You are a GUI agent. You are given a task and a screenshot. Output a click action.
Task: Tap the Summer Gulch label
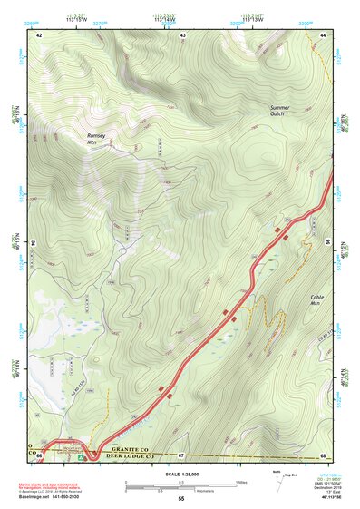(280, 112)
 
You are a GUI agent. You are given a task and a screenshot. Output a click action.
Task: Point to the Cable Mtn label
(316, 300)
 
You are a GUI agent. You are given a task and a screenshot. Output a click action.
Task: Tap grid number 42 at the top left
(39, 34)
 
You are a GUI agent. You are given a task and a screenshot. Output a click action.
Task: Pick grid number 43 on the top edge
(182, 34)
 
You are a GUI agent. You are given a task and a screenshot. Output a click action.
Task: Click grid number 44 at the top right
(324, 34)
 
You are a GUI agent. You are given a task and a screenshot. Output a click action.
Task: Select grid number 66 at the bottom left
(39, 455)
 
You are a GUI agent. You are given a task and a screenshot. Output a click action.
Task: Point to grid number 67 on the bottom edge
(181, 455)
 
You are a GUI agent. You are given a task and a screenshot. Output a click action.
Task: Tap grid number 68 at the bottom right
(323, 455)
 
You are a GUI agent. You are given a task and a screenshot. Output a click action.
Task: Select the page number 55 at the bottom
(180, 499)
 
